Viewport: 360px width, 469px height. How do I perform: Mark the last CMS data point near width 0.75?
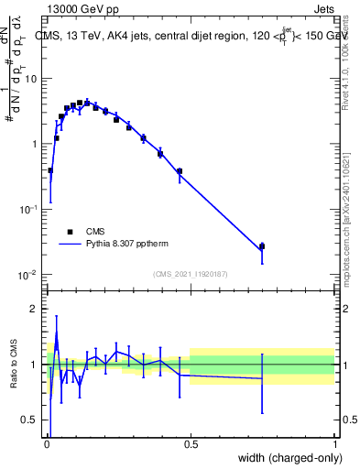[262, 246]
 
